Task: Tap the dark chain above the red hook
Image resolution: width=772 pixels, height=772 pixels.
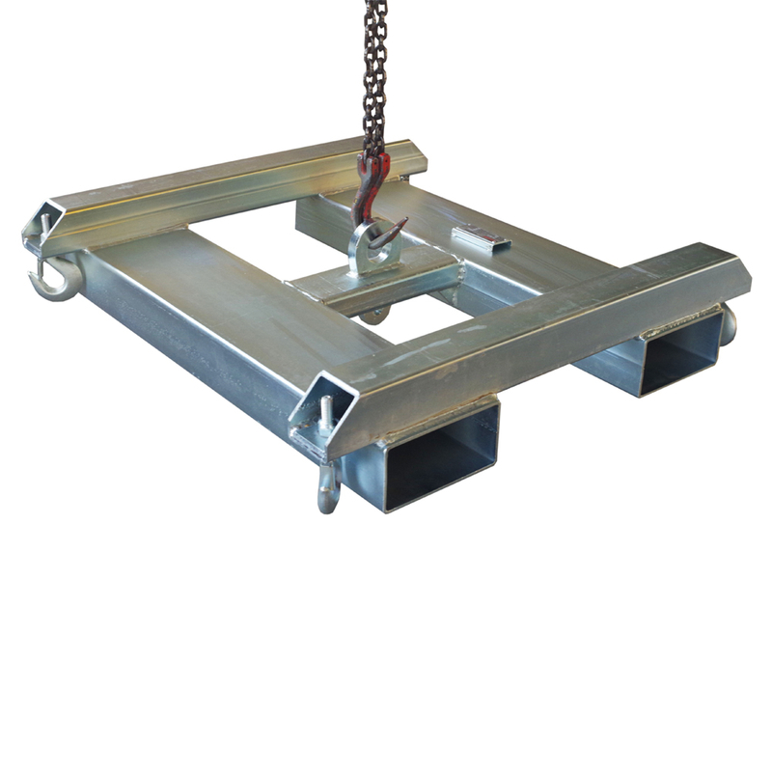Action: coord(375,77)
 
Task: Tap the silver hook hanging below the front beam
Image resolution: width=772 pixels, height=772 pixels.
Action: coord(329,487)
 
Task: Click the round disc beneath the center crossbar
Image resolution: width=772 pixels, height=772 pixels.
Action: coord(381,313)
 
